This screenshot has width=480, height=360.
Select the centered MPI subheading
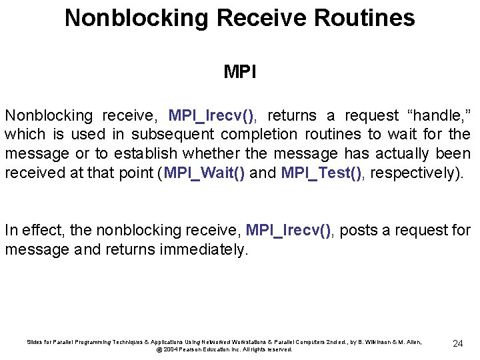tap(240, 71)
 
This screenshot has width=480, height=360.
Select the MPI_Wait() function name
tap(204, 173)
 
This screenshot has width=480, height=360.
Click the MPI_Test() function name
tap(323, 173)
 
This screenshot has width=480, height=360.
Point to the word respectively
tap(414, 173)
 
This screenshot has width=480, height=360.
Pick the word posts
tap(359, 231)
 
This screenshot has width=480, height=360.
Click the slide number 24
tap(457, 343)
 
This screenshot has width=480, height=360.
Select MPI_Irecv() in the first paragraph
tap(211, 115)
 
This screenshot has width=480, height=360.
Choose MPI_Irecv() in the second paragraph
tap(289, 231)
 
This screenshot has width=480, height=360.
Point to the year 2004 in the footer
tap(170, 349)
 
